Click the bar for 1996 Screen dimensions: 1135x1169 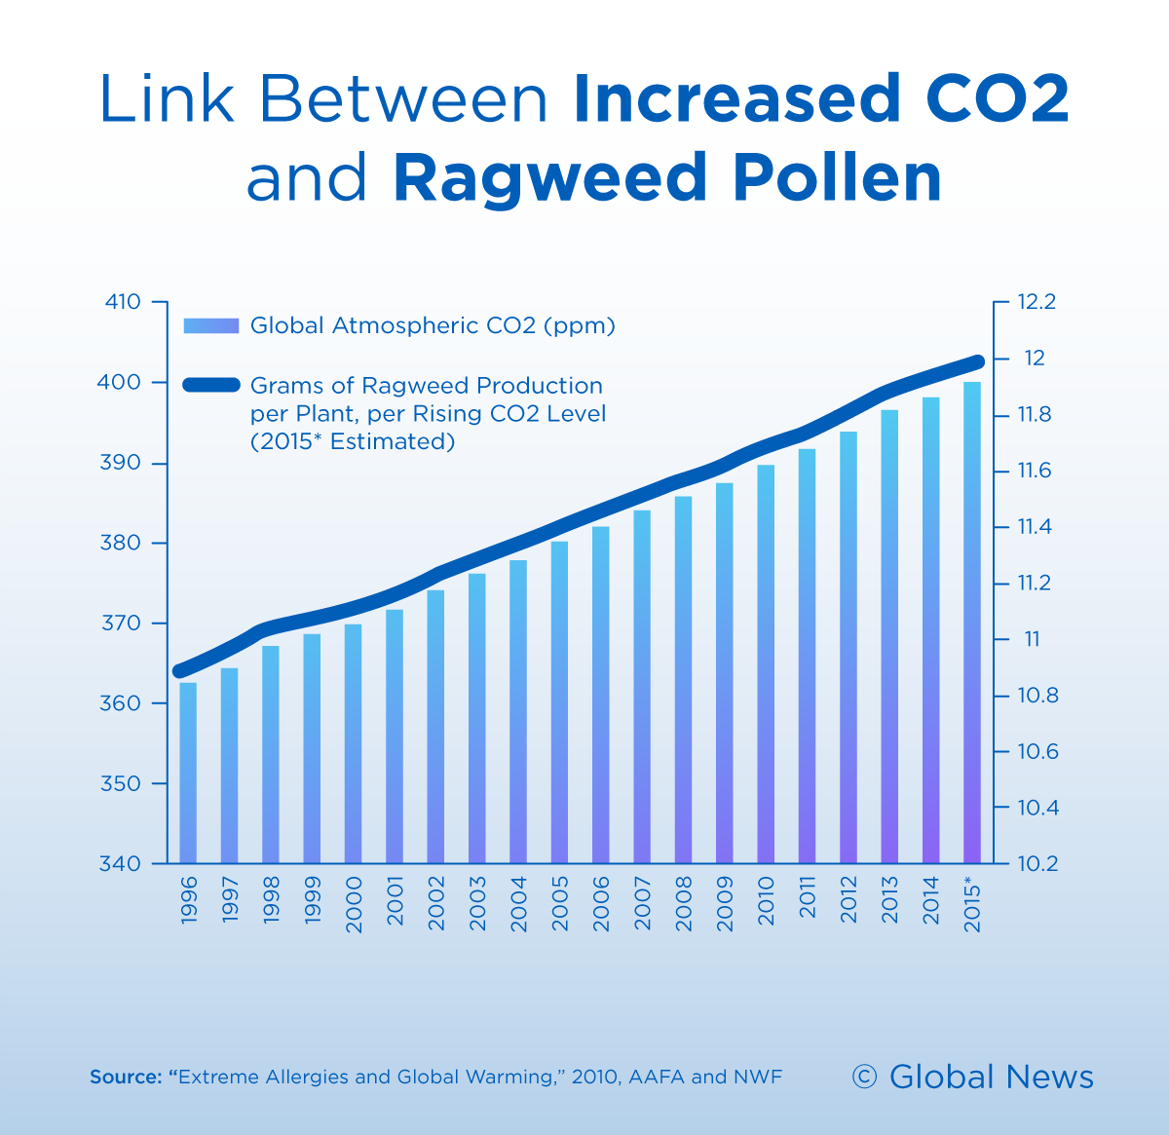[x=188, y=773]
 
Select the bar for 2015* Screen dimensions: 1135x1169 [x=972, y=624]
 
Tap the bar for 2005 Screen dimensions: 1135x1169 [x=559, y=701]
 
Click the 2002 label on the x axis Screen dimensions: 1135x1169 [x=436, y=903]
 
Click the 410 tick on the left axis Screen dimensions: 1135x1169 [x=123, y=302]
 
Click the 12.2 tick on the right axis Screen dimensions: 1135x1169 [x=1037, y=302]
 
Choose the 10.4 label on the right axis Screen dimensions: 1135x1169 [x=1037, y=808]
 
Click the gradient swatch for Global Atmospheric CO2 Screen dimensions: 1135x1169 [x=210, y=325]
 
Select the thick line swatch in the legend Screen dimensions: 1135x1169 [x=210, y=385]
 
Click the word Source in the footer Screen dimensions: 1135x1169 [x=125, y=1078]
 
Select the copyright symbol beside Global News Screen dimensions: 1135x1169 [x=864, y=1077]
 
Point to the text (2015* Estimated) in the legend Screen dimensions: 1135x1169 [x=353, y=441]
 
